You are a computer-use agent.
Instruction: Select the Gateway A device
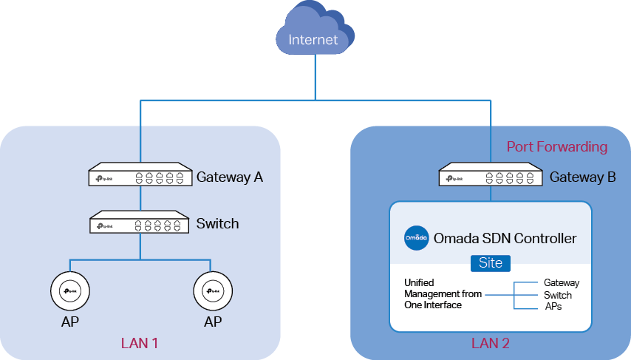point(140,174)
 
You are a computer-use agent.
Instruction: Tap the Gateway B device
point(490,174)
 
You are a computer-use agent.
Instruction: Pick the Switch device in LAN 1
point(139,222)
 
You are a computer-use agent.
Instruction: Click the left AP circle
point(70,291)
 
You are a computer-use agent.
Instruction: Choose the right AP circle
point(213,291)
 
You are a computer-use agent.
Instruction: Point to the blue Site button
point(491,263)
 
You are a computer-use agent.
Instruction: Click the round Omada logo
point(417,238)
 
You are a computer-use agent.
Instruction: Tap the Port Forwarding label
point(557,146)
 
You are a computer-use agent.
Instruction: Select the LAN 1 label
point(140,343)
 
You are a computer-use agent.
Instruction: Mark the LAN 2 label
point(491,343)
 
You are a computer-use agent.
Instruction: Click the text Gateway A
point(230,177)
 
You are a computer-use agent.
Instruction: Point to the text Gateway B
point(583,177)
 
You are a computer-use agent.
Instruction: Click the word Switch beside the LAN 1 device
point(218,223)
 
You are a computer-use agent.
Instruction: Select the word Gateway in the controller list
point(562,283)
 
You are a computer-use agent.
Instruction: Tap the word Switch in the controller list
point(558,295)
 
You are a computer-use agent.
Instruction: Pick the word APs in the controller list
point(553,307)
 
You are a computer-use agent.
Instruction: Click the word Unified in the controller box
point(419,282)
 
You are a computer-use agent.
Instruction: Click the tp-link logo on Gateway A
point(105,178)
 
